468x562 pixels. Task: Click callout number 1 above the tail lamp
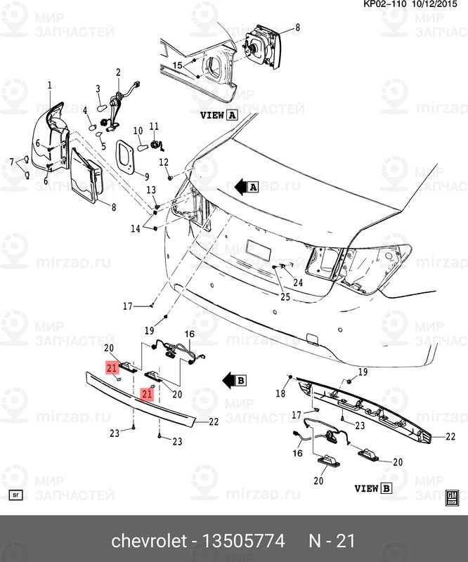tap(50, 85)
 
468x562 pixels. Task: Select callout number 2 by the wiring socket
tap(118, 72)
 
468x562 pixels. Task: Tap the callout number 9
tap(146, 176)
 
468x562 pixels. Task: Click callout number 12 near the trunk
tap(164, 162)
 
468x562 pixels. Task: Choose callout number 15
tap(177, 65)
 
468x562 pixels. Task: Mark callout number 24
tap(298, 283)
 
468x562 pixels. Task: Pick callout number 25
tap(285, 297)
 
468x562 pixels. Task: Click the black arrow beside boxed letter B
tap(230, 380)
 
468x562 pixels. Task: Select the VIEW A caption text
tap(219, 115)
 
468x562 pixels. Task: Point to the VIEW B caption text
tap(373, 488)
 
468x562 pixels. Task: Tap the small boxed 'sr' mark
tap(17, 495)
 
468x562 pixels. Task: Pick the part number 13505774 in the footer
tap(244, 540)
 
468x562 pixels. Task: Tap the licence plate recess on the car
tap(259, 251)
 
